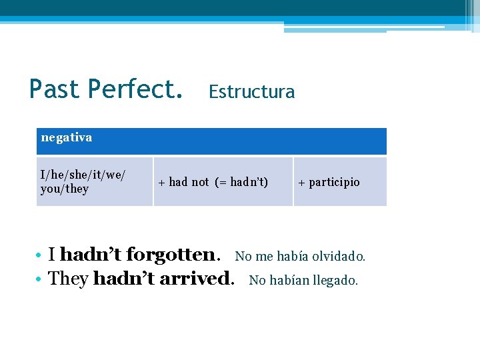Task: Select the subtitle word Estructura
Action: tap(251, 91)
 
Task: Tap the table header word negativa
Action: tap(67, 138)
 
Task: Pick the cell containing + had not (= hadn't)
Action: tap(223, 181)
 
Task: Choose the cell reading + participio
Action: tap(339, 181)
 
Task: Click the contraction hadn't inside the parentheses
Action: tap(248, 182)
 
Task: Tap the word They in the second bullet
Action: tap(69, 279)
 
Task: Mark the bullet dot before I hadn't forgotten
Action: tap(40, 255)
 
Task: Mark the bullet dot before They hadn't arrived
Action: tap(40, 279)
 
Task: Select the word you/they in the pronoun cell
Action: tap(65, 189)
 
